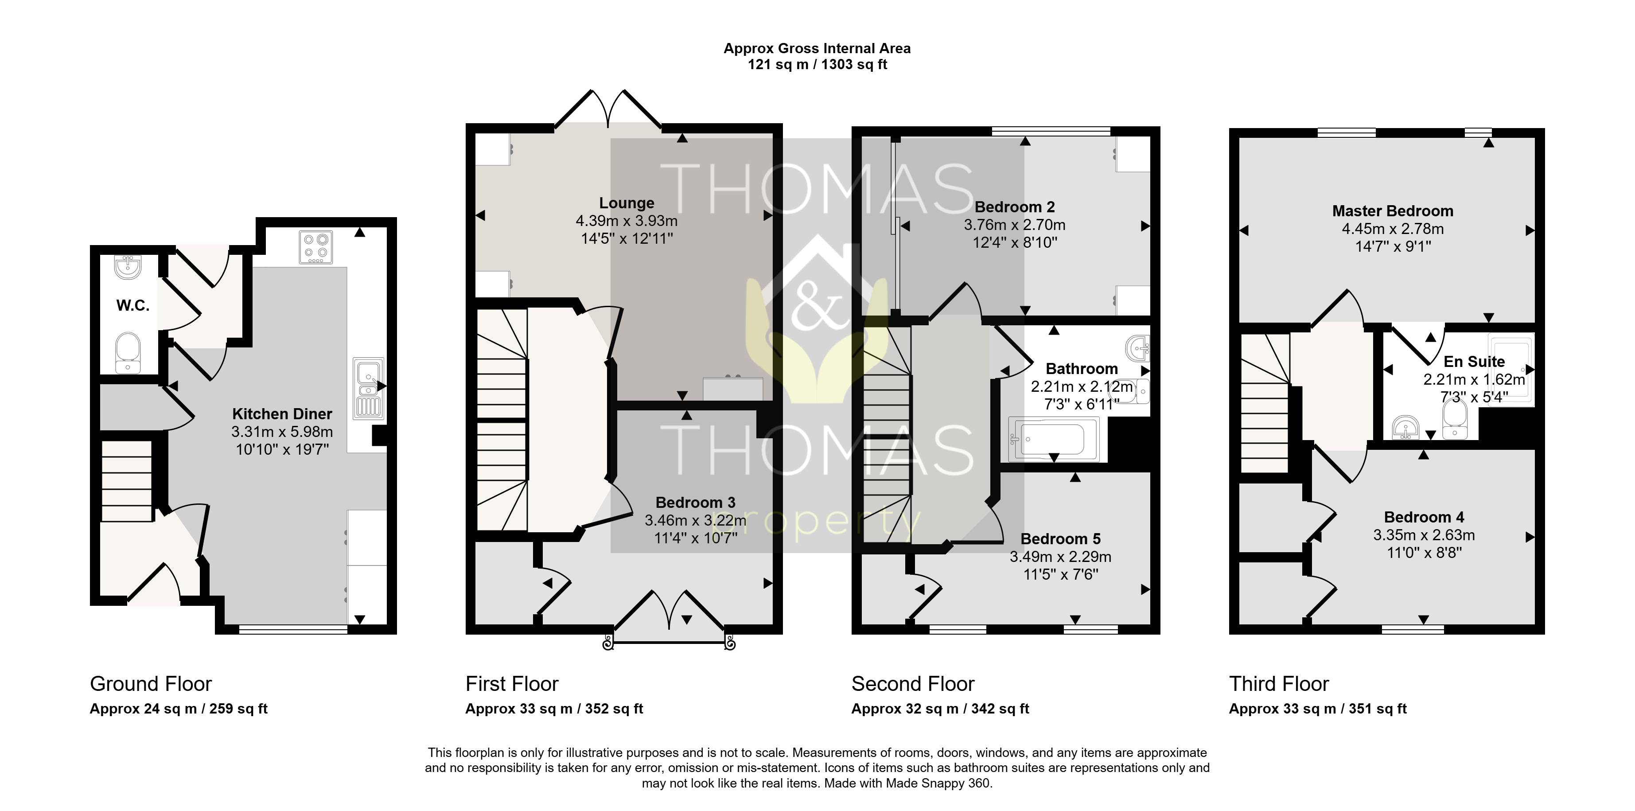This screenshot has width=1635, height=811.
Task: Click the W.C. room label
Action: [132, 306]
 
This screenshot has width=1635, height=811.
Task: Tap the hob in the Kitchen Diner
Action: [315, 247]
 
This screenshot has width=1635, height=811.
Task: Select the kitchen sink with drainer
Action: [369, 388]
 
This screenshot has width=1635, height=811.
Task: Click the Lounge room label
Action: [627, 203]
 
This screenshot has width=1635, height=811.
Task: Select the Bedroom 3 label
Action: [695, 503]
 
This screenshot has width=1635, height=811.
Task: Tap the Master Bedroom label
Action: [1393, 211]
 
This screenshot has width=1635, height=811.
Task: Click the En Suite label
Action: [1474, 362]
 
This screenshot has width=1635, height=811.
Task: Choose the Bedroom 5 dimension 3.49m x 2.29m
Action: [1061, 557]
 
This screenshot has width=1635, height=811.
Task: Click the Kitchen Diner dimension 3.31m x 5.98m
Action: [282, 432]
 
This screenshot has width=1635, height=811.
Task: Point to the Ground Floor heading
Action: [151, 683]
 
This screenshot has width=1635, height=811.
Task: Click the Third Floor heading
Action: [1279, 683]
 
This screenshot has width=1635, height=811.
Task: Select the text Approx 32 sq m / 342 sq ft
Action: [940, 709]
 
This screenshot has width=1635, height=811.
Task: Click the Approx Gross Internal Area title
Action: [817, 48]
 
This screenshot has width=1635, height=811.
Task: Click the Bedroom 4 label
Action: [1424, 517]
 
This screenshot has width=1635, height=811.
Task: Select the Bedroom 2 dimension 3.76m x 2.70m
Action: [1014, 225]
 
